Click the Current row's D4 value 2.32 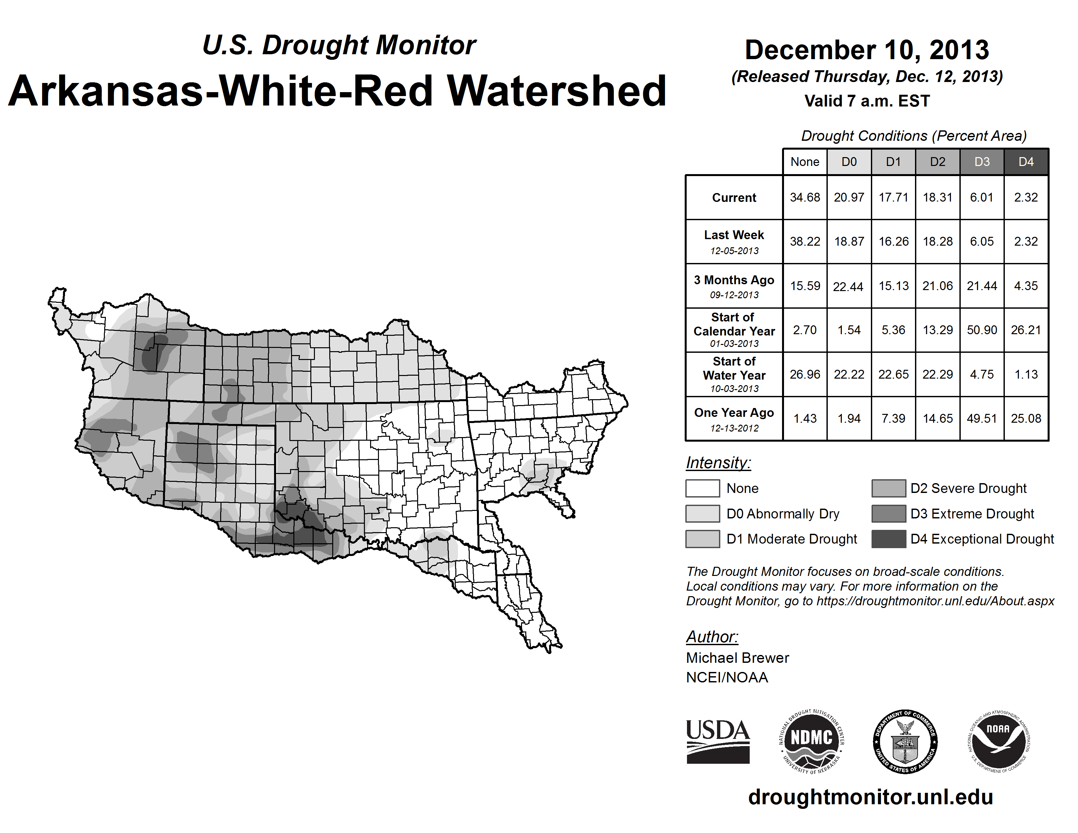click(x=1026, y=197)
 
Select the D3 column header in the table click(x=982, y=162)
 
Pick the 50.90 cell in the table click(x=982, y=330)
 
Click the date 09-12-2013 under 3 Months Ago click(x=734, y=295)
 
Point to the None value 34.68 click(x=805, y=197)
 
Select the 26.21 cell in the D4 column click(x=1026, y=330)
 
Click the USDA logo click(x=718, y=741)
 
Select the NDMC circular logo click(x=811, y=741)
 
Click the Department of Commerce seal click(x=905, y=741)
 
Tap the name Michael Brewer click(x=737, y=658)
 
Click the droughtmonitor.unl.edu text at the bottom click(x=870, y=797)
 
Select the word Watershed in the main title click(x=556, y=91)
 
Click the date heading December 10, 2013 click(x=867, y=50)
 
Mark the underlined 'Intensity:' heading click(x=718, y=463)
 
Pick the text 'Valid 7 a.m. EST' click(x=867, y=101)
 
